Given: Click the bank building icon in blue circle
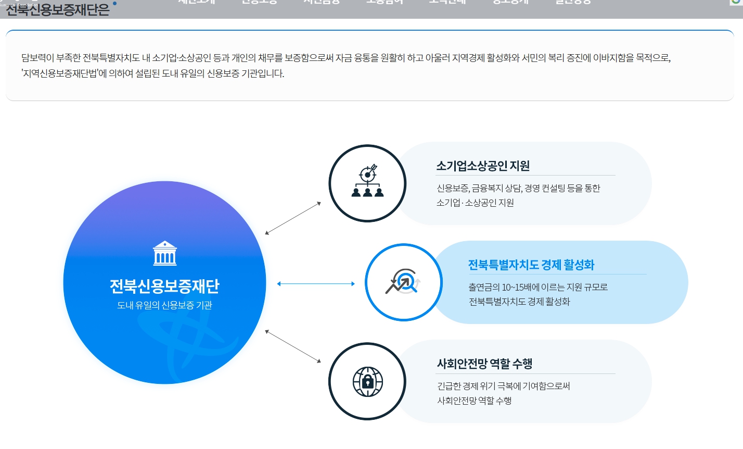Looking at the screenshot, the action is pyautogui.click(x=164, y=253).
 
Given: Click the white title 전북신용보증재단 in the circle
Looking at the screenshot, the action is pyautogui.click(x=164, y=286).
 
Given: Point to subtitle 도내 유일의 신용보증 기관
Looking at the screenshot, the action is pyautogui.click(x=164, y=305).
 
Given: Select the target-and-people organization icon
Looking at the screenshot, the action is pyautogui.click(x=367, y=182).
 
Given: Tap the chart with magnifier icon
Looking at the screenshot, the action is pyautogui.click(x=403, y=282).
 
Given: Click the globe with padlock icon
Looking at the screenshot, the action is pyautogui.click(x=367, y=381).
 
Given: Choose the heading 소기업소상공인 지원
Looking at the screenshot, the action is pyautogui.click(x=483, y=166).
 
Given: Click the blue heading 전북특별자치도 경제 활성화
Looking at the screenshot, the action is pyautogui.click(x=531, y=265).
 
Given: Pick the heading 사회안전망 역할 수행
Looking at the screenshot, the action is pyautogui.click(x=484, y=364).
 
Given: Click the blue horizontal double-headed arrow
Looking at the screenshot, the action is pyautogui.click(x=316, y=284).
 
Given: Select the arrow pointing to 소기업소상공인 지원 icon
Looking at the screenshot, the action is pyautogui.click(x=293, y=218).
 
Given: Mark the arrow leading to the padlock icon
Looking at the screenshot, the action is pyautogui.click(x=293, y=346).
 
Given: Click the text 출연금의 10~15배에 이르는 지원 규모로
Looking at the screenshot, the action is pyautogui.click(x=538, y=287).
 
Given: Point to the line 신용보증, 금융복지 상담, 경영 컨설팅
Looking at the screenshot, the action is pyautogui.click(x=518, y=188).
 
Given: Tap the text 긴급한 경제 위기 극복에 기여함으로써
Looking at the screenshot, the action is pyautogui.click(x=504, y=386).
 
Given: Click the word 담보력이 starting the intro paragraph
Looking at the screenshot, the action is pyautogui.click(x=37, y=58).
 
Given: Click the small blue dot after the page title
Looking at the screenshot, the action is pyautogui.click(x=114, y=3).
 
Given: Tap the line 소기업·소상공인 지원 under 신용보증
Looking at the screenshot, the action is pyautogui.click(x=475, y=203).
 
